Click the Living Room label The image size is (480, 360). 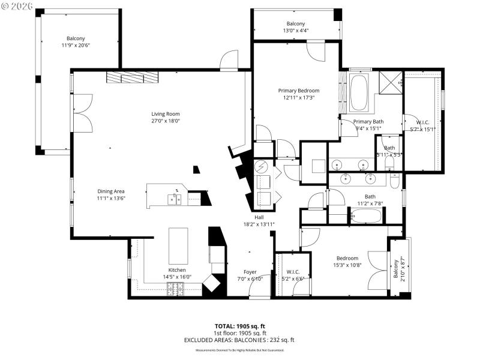[x=165, y=114]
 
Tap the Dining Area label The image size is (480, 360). [x=111, y=191]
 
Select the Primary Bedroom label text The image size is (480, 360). [x=298, y=91]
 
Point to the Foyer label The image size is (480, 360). [x=250, y=272]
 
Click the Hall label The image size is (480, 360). [x=259, y=217]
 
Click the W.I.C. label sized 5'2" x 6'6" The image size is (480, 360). [x=293, y=272]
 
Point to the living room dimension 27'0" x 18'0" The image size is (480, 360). [x=165, y=121]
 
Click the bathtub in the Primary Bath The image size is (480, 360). [x=359, y=92]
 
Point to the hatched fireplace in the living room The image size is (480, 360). [x=133, y=77]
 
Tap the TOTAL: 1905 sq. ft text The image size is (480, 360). [x=240, y=326]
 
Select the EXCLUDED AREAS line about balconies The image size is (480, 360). [x=240, y=340]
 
